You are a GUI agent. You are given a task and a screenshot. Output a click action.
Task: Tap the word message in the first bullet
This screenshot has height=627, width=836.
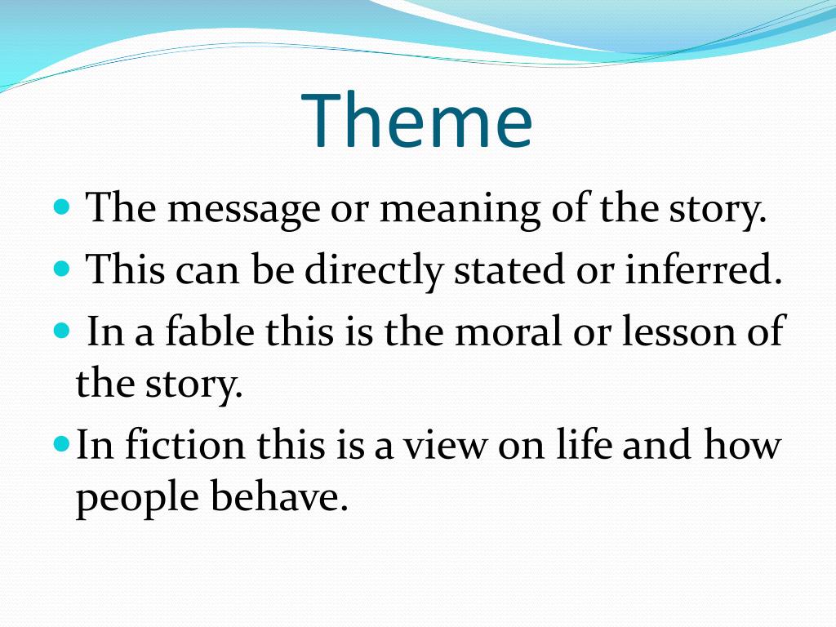coord(243,210)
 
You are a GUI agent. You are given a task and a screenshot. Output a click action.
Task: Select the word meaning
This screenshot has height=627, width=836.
coord(459,210)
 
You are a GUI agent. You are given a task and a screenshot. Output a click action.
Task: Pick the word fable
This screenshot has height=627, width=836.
coord(196,331)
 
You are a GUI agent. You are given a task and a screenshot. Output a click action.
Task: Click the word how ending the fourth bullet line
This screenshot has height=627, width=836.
coord(742,446)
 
